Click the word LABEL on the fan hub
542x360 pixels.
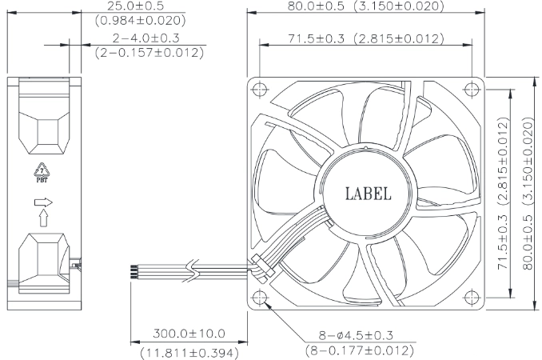(x=369, y=194)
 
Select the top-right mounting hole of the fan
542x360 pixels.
(x=472, y=90)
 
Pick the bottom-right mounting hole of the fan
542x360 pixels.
(x=472, y=298)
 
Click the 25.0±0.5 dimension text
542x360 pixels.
(x=135, y=6)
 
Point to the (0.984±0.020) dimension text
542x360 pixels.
(x=141, y=21)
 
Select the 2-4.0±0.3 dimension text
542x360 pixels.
(x=145, y=38)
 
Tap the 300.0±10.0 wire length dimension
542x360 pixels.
(x=189, y=334)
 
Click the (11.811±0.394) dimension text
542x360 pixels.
(x=189, y=353)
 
